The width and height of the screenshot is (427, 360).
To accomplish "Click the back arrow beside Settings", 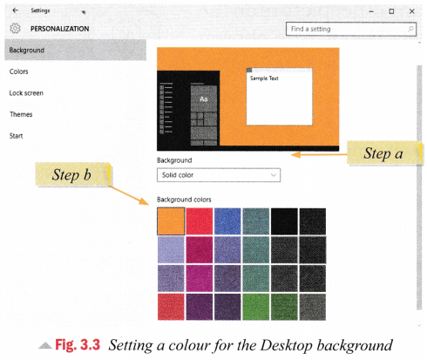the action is [x=15, y=10].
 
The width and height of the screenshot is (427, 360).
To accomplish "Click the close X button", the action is [x=411, y=11].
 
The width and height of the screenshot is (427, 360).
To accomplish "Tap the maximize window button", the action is [x=391, y=11].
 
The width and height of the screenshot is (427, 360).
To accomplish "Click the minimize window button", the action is [x=371, y=11].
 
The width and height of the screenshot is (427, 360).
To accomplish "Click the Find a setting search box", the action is [x=351, y=29].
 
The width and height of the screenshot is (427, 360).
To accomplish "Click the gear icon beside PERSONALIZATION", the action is [x=15, y=29].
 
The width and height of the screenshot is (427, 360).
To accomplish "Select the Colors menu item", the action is [x=19, y=71].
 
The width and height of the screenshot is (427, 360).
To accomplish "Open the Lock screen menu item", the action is [x=26, y=93].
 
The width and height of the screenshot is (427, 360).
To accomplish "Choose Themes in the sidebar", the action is [x=21, y=114].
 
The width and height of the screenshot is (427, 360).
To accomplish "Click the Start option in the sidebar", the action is [x=16, y=136].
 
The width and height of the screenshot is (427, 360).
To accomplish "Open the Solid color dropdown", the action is [x=219, y=175].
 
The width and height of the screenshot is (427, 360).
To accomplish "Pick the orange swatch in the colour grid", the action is [x=171, y=221].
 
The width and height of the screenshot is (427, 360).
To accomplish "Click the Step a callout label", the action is [x=383, y=153].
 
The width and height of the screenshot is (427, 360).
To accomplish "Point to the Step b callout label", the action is [x=72, y=174].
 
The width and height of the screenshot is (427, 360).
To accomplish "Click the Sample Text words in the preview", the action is [x=264, y=78].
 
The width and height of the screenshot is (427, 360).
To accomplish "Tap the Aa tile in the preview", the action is [x=204, y=98].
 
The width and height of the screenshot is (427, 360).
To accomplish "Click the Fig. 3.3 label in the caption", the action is [x=78, y=345].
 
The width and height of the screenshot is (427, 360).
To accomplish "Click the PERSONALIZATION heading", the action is [x=60, y=29].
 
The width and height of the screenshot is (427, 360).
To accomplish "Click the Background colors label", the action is [x=184, y=200].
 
